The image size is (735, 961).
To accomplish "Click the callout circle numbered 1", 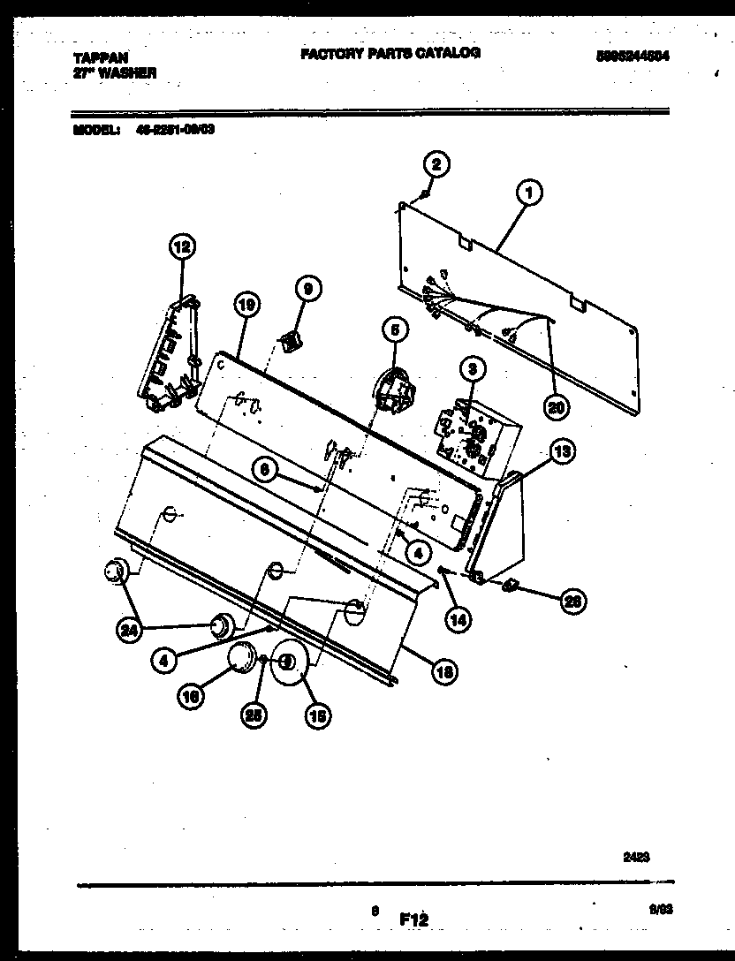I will pos(529,192).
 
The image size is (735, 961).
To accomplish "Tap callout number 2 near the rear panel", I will pos(435,163).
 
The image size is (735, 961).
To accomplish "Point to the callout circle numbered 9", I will pos(307,288).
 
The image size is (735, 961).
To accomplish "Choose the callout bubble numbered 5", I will pos(394,330).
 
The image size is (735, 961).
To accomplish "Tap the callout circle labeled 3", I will pos(472,367).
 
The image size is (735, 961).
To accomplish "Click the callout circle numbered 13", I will pos(562,451).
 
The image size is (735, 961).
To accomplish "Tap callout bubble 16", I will pos(192,697).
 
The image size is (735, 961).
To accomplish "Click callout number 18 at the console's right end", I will pos(444,671).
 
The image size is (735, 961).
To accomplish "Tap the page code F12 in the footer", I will pos(413,919).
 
